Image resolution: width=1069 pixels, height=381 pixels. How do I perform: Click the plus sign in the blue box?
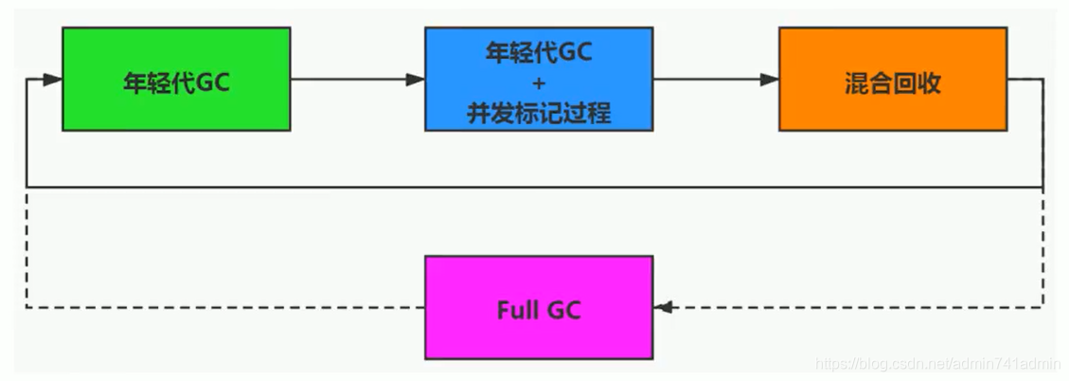[538, 83]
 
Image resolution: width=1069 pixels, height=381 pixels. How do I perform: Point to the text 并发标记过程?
[538, 113]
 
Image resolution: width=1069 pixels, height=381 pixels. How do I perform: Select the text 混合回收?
[892, 82]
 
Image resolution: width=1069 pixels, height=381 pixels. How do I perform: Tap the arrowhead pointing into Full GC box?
[663, 308]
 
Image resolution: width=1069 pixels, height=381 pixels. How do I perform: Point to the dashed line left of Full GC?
[227, 308]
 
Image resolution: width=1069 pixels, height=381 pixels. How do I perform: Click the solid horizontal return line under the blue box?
[538, 187]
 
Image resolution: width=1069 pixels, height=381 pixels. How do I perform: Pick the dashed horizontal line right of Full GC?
[852, 308]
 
